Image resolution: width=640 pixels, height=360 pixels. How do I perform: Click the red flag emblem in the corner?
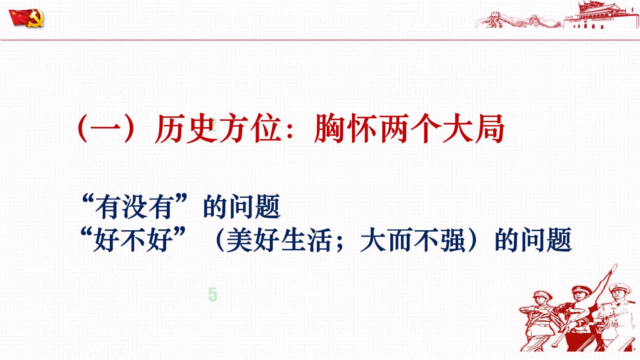tap(26, 18)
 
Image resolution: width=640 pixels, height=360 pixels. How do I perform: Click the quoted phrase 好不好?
tap(134, 239)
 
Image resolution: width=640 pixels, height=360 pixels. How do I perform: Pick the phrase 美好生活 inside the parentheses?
tap(278, 239)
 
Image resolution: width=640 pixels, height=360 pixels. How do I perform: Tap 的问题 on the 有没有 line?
tap(242, 206)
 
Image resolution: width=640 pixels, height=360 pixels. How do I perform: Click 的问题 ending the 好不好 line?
tap(533, 239)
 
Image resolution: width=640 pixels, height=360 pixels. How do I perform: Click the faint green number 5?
tap(212, 295)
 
